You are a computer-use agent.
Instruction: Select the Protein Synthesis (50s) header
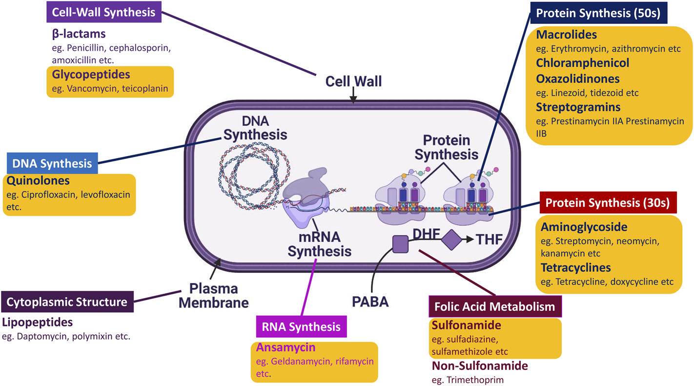coord(598,13)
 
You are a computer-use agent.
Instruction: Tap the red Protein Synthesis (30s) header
coord(608,203)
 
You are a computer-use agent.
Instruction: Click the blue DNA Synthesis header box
coord(52,163)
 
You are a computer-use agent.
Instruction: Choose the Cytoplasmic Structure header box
coord(67,302)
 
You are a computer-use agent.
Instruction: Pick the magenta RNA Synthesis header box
coord(301,326)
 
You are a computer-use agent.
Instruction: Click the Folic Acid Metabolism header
coord(495,307)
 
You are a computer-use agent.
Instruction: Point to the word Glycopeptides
coord(91,75)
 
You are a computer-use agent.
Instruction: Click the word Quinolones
coord(38,181)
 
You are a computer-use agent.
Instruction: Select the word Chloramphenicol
coord(582,63)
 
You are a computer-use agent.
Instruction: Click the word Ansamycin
coord(286,347)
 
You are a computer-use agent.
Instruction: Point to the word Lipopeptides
coord(38,322)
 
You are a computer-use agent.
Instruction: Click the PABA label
coord(370,302)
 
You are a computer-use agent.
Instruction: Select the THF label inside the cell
coord(489,239)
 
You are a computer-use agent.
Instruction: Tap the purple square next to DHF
coord(401,244)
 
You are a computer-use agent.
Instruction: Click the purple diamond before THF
coord(451,239)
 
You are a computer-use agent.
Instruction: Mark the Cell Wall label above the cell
coord(353,81)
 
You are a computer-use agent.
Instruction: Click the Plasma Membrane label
coord(213,295)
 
